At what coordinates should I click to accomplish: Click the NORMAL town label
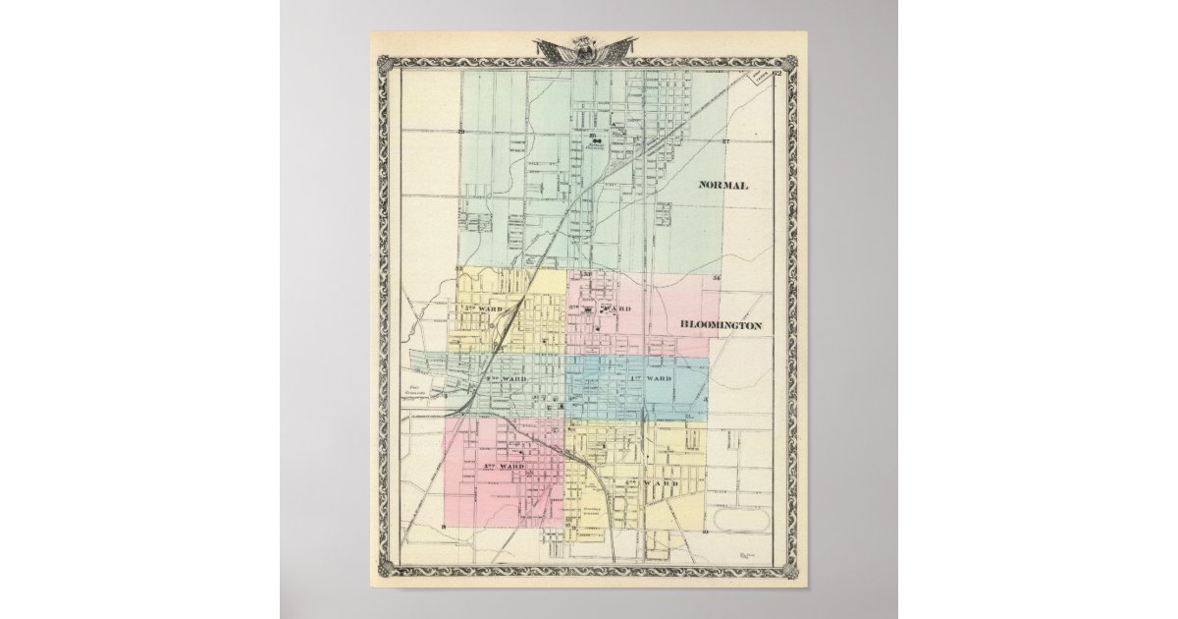pyautogui.click(x=723, y=186)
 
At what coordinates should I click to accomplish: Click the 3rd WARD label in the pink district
pyautogui.click(x=502, y=465)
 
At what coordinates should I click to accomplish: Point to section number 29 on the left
pyautogui.click(x=459, y=131)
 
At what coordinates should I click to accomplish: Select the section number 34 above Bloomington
pyautogui.click(x=717, y=279)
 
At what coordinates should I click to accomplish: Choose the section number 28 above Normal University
pyautogui.click(x=593, y=134)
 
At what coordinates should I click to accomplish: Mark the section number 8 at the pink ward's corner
pyautogui.click(x=445, y=529)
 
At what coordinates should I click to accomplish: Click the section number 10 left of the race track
pyautogui.click(x=705, y=530)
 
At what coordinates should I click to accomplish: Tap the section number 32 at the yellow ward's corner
pyautogui.click(x=457, y=268)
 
